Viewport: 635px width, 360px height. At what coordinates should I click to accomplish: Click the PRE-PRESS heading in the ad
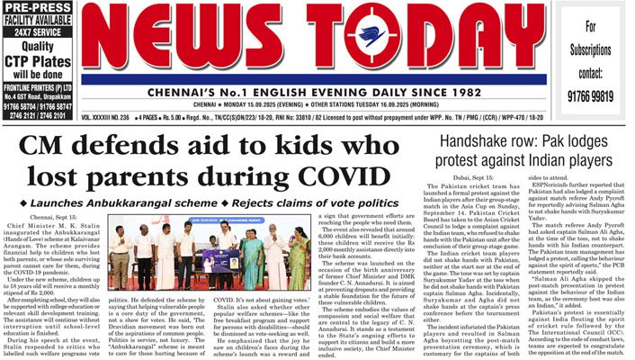pos(39,7)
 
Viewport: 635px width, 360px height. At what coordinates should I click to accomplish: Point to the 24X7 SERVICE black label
pos(39,31)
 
